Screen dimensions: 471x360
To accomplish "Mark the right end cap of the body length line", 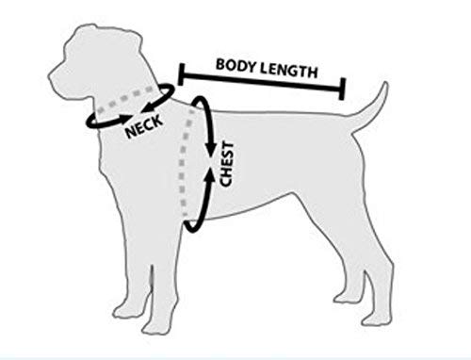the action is tap(341, 89).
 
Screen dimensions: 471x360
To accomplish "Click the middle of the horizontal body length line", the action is tap(261, 82).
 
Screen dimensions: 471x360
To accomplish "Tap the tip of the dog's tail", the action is tap(384, 85).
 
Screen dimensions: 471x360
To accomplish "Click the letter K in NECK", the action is tap(163, 120).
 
